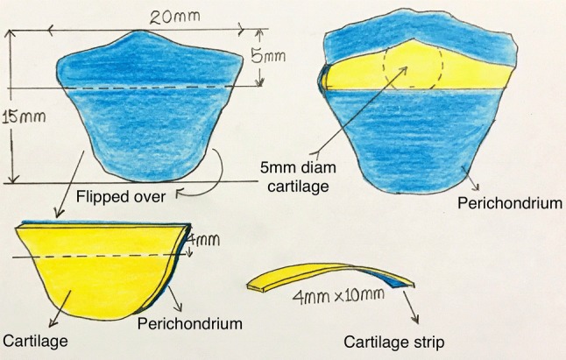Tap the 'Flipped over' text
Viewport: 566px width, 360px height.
(120, 196)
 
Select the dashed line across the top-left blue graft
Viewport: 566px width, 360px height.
(149, 88)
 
